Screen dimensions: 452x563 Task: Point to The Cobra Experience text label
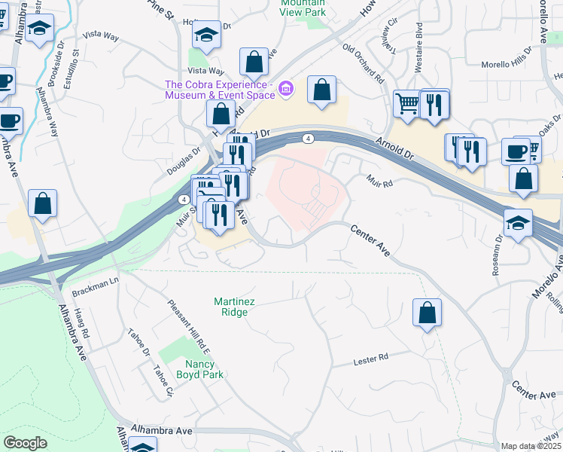[x=221, y=90]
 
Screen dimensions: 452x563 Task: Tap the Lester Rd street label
[x=370, y=359]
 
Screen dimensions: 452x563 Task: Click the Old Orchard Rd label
[x=363, y=63]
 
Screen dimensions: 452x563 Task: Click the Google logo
[x=25, y=443]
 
